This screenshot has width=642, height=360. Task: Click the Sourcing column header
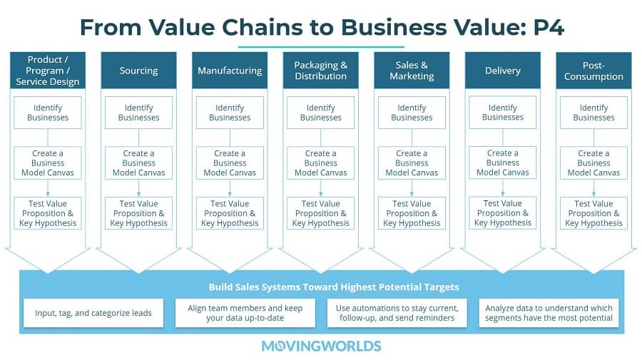pyautogui.click(x=139, y=71)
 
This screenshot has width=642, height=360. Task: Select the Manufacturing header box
pyautogui.click(x=230, y=71)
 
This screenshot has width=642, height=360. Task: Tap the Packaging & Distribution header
pyautogui.click(x=320, y=71)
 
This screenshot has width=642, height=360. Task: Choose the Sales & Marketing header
pyautogui.click(x=412, y=71)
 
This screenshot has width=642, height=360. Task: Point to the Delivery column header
pyautogui.click(x=503, y=71)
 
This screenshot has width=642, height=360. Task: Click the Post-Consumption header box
pyautogui.click(x=593, y=71)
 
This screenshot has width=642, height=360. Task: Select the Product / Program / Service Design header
pyautogui.click(x=48, y=71)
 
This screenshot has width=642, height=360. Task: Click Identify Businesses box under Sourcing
pyautogui.click(x=139, y=113)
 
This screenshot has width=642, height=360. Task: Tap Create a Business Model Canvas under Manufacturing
pyautogui.click(x=230, y=163)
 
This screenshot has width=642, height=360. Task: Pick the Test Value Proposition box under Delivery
pyautogui.click(x=503, y=212)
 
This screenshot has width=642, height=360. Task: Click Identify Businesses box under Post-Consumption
pyautogui.click(x=593, y=113)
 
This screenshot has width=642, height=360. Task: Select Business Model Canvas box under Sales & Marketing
pyautogui.click(x=412, y=163)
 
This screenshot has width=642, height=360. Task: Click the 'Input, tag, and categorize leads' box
pyautogui.click(x=93, y=313)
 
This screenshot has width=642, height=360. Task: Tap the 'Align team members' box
pyautogui.click(x=245, y=313)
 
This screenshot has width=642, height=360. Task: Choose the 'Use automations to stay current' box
pyautogui.click(x=397, y=313)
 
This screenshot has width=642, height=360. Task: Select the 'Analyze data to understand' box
pyautogui.click(x=549, y=313)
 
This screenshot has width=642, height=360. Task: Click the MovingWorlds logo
pyautogui.click(x=322, y=346)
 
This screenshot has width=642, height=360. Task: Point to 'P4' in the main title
pyautogui.click(x=549, y=27)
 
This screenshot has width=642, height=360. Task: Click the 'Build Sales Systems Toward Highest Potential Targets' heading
pyautogui.click(x=334, y=287)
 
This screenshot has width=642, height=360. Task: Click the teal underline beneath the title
pyautogui.click(x=321, y=47)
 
